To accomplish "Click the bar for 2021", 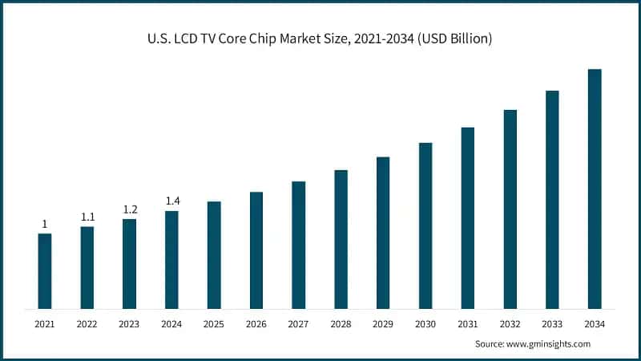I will click(45, 271).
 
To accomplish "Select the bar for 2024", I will click(171, 260).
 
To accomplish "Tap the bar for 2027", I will click(298, 245).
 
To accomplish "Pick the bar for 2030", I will click(425, 225).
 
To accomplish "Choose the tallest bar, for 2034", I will click(595, 189).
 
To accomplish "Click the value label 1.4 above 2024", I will click(171, 201).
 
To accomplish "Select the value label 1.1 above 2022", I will click(87, 217).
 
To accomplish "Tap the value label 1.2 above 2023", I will click(130, 209).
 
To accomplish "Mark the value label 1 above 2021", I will click(45, 224).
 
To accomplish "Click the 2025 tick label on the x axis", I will click(214, 324).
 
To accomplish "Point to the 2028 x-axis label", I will click(341, 324).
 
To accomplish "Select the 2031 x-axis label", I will click(467, 324).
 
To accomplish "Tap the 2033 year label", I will click(552, 324).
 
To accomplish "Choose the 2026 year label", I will click(256, 324).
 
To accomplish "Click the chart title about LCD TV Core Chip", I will click(320, 37).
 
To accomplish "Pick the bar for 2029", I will click(383, 233).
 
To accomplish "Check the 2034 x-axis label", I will click(595, 324).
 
